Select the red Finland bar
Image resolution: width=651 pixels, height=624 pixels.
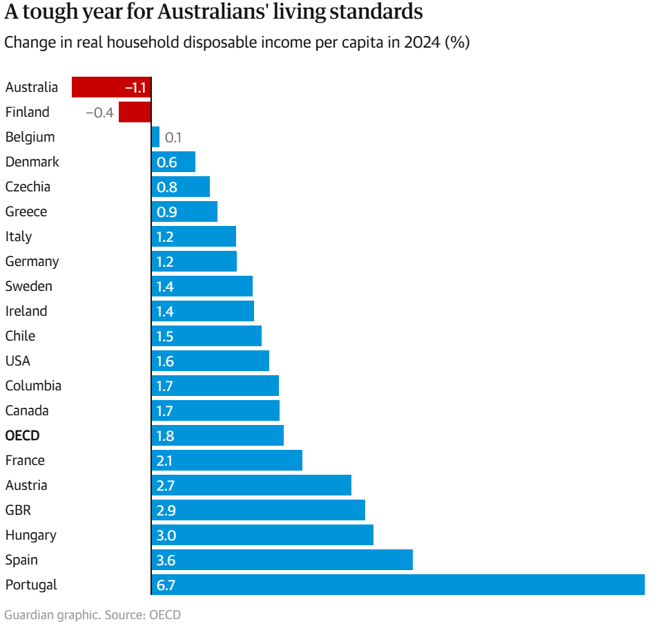tap(135, 112)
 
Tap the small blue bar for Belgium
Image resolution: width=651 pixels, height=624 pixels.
tap(155, 137)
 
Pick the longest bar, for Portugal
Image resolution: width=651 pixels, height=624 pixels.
tap(398, 585)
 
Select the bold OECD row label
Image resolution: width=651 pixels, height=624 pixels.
tap(22, 435)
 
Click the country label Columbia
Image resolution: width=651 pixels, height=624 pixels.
tap(33, 386)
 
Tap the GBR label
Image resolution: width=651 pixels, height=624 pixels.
tap(18, 510)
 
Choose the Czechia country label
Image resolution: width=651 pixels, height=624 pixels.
tap(28, 187)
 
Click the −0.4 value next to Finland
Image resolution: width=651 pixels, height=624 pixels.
tap(99, 113)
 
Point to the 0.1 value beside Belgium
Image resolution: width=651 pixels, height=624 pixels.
tap(173, 138)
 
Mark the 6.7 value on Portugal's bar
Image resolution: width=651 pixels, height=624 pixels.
tap(166, 585)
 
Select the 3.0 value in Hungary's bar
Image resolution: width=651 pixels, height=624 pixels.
tap(166, 536)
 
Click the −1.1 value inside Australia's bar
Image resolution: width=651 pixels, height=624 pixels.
tap(135, 88)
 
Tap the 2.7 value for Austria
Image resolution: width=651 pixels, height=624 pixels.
tap(166, 486)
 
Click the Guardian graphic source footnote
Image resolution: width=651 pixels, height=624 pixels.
tap(93, 614)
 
